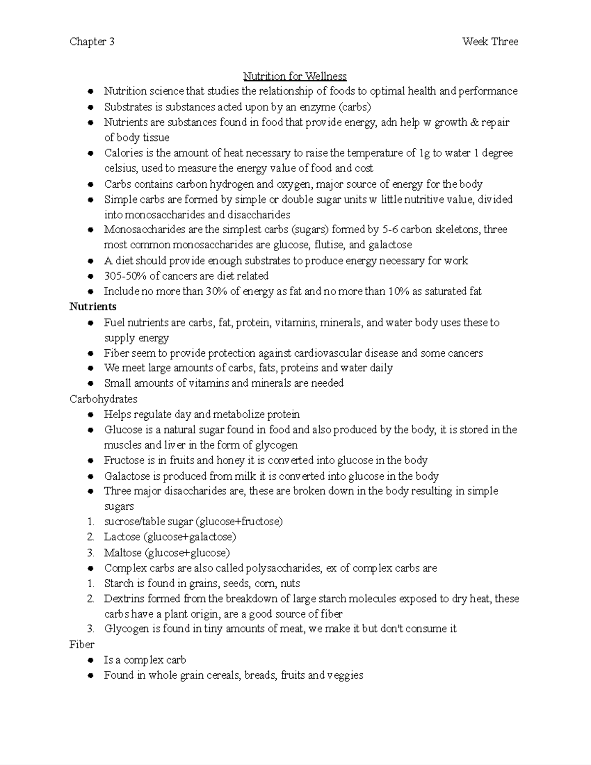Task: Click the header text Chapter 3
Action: pos(92,42)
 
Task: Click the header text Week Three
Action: pos(490,42)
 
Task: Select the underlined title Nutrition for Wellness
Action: pos(295,76)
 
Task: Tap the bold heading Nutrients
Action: pos(93,307)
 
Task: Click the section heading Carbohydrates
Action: pos(103,399)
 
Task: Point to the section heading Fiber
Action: pos(82,644)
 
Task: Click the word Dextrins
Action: pos(123,599)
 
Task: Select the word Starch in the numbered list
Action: pos(119,584)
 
